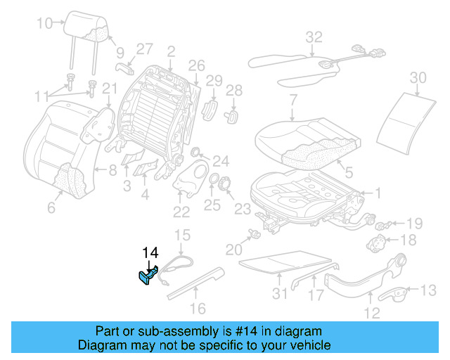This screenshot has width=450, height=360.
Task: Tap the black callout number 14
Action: point(151,253)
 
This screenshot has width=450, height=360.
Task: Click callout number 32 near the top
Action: point(313,37)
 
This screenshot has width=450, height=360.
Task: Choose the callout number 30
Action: point(418,77)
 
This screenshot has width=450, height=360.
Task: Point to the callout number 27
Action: point(144,49)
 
